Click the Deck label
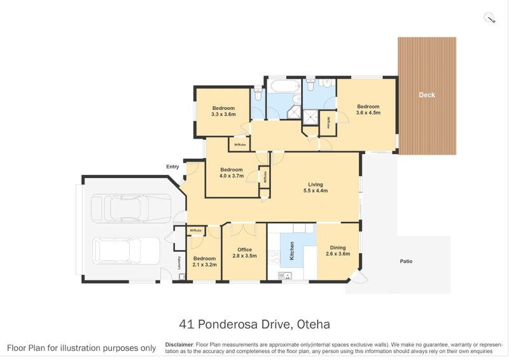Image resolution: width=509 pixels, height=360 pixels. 427,95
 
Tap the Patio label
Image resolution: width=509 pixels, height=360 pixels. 406,261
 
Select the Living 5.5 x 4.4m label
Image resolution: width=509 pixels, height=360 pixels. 316,187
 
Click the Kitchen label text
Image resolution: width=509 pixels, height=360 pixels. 292,251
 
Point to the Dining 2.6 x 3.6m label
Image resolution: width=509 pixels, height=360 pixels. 338,251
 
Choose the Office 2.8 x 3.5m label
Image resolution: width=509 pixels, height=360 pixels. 244,253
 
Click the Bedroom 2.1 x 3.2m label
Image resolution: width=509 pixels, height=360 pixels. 204,261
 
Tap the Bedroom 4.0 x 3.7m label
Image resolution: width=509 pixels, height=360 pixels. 232,173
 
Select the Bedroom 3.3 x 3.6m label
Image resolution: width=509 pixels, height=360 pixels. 223,111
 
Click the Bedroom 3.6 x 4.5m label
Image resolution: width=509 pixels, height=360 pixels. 368,109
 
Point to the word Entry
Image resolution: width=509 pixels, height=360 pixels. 172,167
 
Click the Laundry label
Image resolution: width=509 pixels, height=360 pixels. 179,263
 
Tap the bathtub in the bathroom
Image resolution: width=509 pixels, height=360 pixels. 286,87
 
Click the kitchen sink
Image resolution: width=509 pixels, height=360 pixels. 284,276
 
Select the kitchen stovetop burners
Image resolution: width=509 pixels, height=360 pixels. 275,257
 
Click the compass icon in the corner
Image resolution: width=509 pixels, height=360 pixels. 489,18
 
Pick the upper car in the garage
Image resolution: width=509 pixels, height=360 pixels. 131,209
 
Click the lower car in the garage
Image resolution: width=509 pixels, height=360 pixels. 126,251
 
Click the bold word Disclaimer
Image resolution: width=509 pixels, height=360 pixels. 179,345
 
